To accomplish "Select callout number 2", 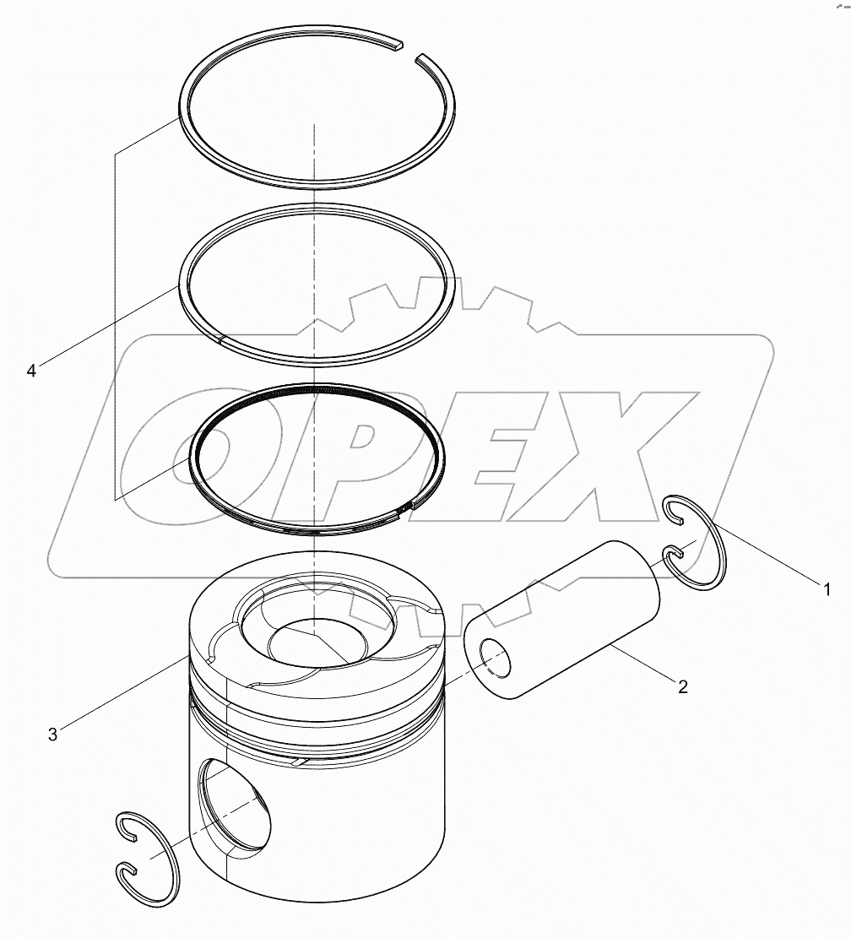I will (x=682, y=686).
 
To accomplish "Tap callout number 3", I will (x=52, y=735).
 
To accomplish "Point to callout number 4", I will (x=31, y=371).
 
